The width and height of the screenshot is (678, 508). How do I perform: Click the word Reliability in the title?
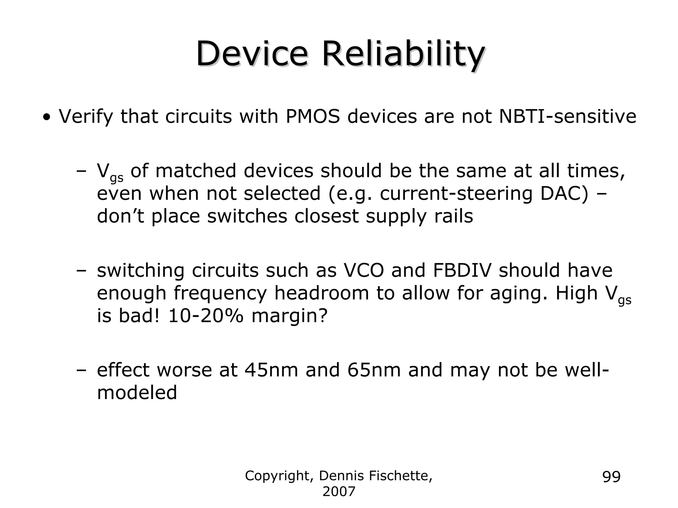click(403, 55)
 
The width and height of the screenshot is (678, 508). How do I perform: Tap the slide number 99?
click(611, 477)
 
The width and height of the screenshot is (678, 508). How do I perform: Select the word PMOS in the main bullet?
click(312, 117)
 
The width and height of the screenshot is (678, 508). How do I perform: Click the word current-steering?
click(456, 194)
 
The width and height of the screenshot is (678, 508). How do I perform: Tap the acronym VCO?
click(364, 270)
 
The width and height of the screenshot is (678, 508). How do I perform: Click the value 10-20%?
click(206, 316)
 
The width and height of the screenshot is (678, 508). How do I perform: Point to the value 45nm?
click(271, 370)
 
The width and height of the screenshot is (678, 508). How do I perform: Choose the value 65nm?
click(374, 370)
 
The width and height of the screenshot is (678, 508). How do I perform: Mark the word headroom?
click(321, 293)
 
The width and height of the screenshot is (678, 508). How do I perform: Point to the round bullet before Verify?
click(48, 117)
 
